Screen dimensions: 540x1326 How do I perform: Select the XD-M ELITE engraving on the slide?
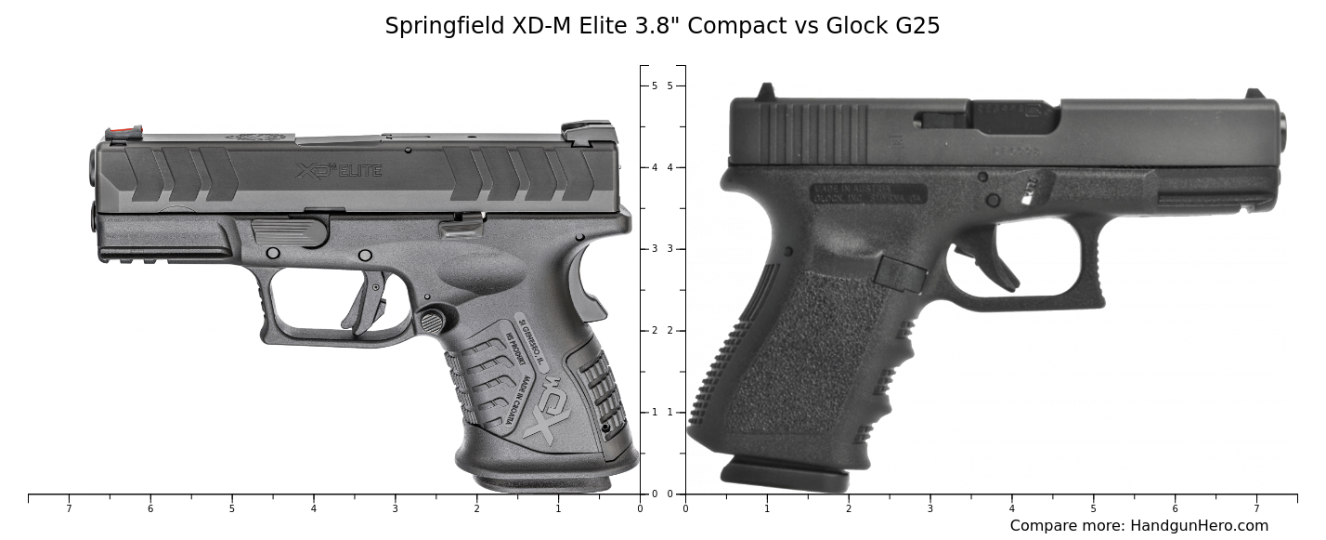tap(339, 171)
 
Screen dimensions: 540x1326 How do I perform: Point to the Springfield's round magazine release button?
tap(432, 322)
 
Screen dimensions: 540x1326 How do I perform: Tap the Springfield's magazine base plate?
tap(543, 482)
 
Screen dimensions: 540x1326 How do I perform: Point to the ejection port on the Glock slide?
tap(1012, 116)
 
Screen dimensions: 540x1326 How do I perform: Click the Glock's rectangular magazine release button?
tap(900, 273)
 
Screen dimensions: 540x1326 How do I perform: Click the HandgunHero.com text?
tap(1199, 525)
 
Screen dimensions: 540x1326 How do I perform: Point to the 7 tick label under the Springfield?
tap(69, 508)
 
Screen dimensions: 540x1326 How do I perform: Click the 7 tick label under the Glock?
tap(1256, 508)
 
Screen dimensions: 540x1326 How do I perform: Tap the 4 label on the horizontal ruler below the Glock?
tap(1011, 508)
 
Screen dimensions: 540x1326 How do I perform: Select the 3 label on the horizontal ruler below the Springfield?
tap(395, 508)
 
